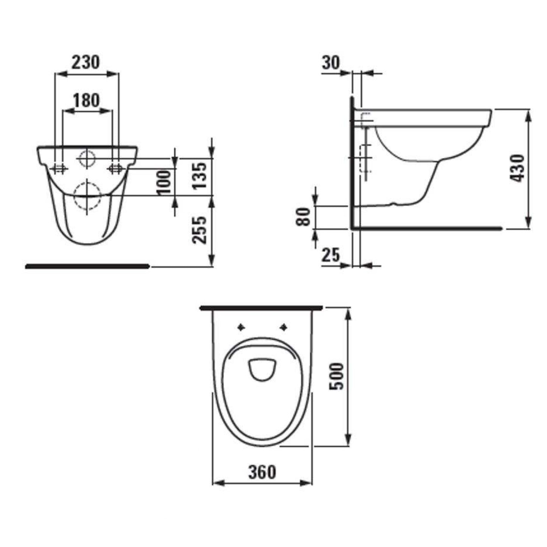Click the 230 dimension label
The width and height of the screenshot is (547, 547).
(x=86, y=62)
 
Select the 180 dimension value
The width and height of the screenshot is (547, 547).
(x=86, y=100)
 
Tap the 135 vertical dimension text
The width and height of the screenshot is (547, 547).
(x=199, y=176)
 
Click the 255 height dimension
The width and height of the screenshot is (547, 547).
(x=199, y=230)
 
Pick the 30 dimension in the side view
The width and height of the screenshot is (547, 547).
(x=331, y=63)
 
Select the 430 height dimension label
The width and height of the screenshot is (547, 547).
(x=517, y=168)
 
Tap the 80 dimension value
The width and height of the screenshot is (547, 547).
(x=304, y=217)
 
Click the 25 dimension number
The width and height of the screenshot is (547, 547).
(x=331, y=256)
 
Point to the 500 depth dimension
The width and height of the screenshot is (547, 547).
(x=337, y=376)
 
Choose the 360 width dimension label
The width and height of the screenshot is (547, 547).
(x=262, y=472)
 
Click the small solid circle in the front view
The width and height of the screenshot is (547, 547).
(x=87, y=158)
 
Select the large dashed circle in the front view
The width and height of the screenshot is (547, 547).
(x=87, y=196)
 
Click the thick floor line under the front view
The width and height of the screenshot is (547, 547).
(x=87, y=266)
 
